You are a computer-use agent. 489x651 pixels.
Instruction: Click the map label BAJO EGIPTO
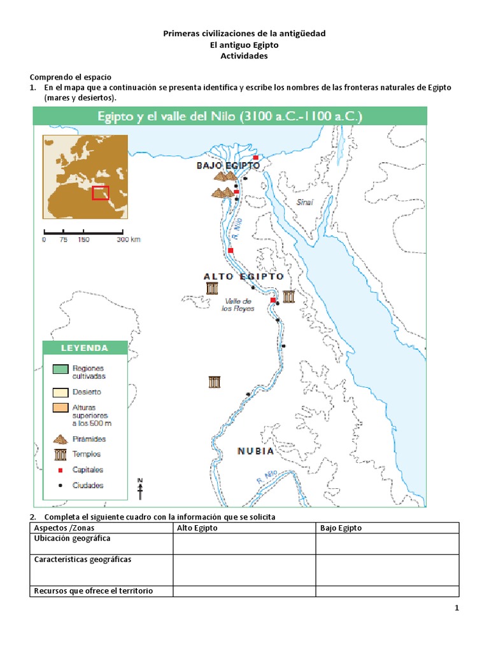[228, 165]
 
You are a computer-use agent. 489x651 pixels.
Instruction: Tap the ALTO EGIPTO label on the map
[243, 277]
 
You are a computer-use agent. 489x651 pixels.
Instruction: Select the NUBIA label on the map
[255, 451]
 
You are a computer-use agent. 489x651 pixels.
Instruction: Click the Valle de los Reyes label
[237, 305]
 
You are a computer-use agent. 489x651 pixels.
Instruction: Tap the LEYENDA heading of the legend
[85, 348]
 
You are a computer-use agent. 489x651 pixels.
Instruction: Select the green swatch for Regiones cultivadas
[60, 369]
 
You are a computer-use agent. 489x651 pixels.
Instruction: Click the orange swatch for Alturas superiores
[60, 407]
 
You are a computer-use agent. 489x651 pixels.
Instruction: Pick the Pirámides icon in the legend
[61, 439]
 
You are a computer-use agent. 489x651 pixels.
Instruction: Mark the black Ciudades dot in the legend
[60, 485]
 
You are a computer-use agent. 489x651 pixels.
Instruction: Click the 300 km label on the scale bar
[128, 240]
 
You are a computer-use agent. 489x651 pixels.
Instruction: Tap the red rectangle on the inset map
[101, 193]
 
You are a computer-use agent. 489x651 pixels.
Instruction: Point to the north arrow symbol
[141, 488]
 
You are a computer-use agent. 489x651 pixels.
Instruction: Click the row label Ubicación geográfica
[72, 539]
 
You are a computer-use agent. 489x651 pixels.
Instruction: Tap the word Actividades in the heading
[244, 56]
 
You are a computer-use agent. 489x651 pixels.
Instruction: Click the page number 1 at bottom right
[457, 608]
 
